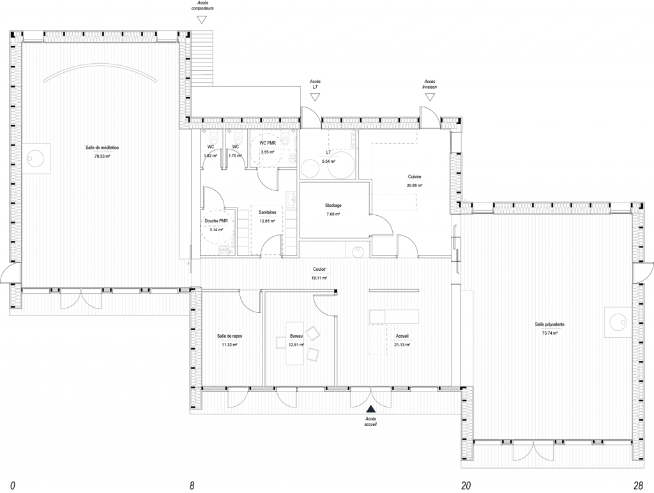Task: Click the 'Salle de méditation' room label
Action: coord(102,148)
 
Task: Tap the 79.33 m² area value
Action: coord(102,156)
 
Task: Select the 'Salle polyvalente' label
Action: coord(549,324)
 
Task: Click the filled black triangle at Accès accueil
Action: coord(370,408)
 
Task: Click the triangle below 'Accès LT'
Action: coord(315,97)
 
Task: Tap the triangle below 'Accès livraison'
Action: coord(429,97)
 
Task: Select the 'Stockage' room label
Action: coord(333,205)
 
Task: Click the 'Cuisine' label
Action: coord(414,176)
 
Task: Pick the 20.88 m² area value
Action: coord(414,185)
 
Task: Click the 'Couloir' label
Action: coord(319,269)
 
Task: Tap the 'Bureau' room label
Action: coord(296,336)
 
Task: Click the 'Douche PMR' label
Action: coord(217,220)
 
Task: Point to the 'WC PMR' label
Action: coord(267,143)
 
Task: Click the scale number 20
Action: coord(466,485)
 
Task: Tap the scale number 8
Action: coord(192,485)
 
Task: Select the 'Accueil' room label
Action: coord(402,336)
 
